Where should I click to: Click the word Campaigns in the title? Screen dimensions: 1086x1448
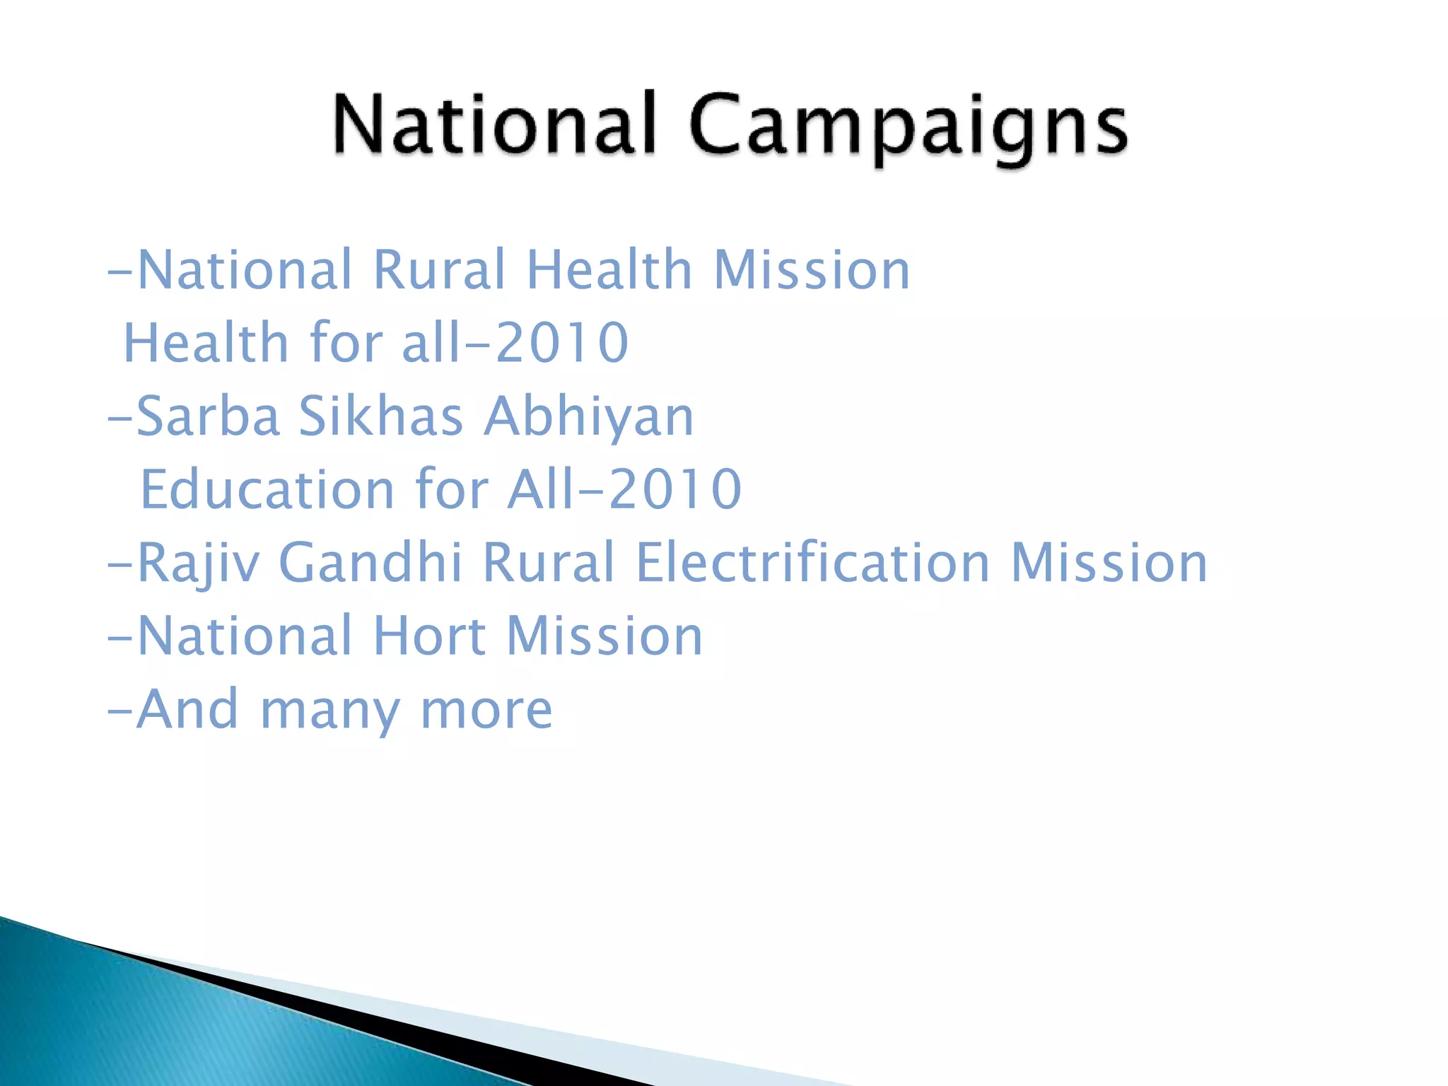click(908, 127)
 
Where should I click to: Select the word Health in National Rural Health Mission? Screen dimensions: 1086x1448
click(609, 270)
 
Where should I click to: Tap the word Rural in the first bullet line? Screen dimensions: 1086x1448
click(439, 270)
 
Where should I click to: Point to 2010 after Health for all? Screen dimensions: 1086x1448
click(562, 343)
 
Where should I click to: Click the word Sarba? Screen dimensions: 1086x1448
click(208, 416)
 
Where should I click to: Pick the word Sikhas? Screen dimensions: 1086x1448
click(380, 416)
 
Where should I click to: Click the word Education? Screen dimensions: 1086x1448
click(267, 489)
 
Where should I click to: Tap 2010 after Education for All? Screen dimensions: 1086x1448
click(675, 489)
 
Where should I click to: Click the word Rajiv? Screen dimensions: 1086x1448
click(198, 564)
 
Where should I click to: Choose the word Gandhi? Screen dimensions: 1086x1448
click(370, 563)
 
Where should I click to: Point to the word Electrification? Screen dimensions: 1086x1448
click(812, 563)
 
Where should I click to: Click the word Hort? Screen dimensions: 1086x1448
click(429, 636)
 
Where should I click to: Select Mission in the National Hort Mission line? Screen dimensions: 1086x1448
click(605, 636)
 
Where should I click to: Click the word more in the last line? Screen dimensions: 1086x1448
click(486, 710)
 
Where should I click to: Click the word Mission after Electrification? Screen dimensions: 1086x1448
click(1109, 563)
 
